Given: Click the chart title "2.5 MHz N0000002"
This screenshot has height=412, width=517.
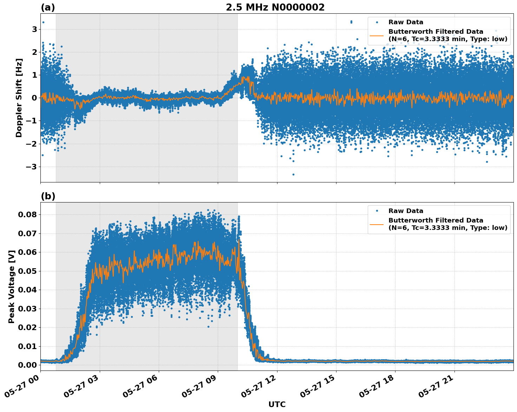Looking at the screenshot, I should click(275, 7).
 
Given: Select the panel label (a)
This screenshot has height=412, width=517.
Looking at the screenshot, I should click(48, 7).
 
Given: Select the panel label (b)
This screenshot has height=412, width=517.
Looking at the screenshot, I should click(48, 196).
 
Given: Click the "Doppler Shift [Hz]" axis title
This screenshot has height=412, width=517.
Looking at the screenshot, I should click(19, 98).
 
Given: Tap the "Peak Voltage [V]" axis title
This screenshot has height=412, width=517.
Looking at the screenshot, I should click(12, 287).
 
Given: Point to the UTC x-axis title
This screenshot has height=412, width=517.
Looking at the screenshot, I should click(277, 404).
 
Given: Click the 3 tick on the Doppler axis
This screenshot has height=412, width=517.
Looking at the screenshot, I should click(34, 29).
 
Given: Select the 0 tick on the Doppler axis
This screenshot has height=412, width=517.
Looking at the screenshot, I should click(34, 98).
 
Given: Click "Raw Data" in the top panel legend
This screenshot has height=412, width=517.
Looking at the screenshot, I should click(406, 22).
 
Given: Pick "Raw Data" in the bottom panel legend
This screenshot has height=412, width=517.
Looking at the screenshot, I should click(406, 211).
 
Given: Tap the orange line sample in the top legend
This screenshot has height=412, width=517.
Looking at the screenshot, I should click(377, 36).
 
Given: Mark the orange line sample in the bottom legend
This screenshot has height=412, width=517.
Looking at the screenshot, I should click(377, 224).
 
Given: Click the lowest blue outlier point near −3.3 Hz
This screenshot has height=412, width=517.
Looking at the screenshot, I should click(293, 174).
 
